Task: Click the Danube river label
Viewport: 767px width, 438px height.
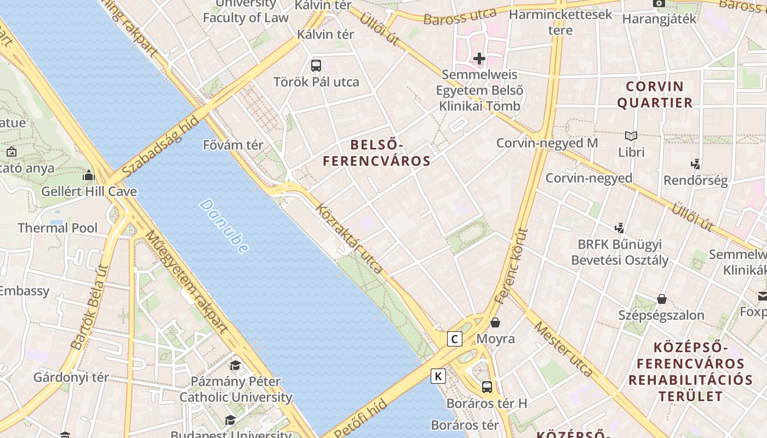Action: [x=224, y=226]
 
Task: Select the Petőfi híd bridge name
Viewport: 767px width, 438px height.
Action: [x=360, y=419]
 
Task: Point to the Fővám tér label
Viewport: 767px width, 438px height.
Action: [x=233, y=145]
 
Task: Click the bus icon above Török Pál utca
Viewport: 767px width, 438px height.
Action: [x=316, y=66]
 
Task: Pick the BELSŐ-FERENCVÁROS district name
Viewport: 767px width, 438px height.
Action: [x=376, y=153]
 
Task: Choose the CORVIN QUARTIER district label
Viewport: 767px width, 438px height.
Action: [x=655, y=94]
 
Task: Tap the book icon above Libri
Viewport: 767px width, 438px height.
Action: [x=631, y=136]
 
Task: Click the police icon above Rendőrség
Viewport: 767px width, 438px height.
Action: [x=696, y=164]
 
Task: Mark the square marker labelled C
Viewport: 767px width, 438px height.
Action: [x=454, y=339]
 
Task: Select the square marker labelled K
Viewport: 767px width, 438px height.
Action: [x=438, y=376]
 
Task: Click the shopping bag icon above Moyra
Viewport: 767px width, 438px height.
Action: [x=495, y=322]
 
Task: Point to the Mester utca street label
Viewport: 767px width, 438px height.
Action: [x=563, y=349]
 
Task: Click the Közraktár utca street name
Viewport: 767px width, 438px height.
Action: [x=349, y=239]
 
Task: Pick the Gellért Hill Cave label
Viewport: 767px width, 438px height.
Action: [x=89, y=192]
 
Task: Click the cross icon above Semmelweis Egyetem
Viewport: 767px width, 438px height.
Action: [x=479, y=59]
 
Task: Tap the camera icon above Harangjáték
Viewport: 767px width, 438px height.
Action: [x=659, y=3]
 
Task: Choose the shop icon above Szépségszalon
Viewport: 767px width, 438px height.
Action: [x=662, y=299]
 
